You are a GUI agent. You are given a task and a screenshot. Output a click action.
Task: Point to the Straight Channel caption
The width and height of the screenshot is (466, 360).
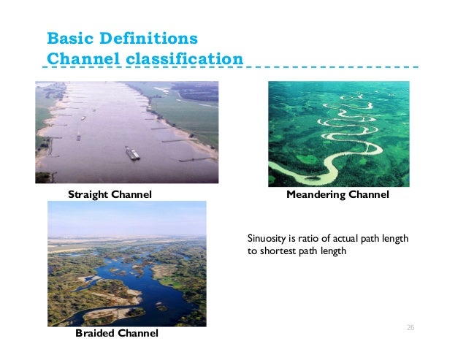click(x=110, y=194)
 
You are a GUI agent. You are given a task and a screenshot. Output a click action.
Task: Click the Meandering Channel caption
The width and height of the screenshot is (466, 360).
click(x=337, y=195)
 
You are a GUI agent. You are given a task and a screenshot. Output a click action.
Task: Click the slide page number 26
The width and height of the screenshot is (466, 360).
click(x=410, y=327)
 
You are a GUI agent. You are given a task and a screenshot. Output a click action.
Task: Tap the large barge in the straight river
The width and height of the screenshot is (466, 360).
click(x=133, y=153)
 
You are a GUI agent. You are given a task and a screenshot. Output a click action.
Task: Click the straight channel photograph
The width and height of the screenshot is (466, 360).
click(x=126, y=131)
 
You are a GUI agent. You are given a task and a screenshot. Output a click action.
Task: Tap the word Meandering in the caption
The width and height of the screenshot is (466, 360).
click(x=316, y=195)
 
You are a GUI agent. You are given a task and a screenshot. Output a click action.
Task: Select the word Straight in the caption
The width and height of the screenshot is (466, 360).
click(x=88, y=194)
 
